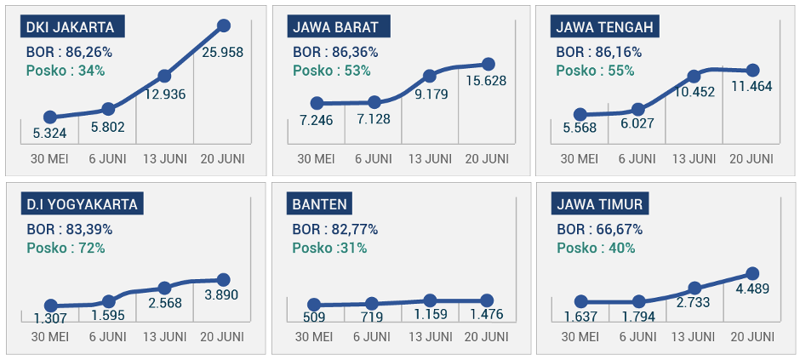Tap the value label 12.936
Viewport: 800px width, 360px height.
coord(164,94)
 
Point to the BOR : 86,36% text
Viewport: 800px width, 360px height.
coord(334,52)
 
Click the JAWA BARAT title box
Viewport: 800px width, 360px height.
coord(338,26)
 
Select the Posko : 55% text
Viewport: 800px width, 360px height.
coord(596,71)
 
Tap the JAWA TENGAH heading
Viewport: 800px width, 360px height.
coord(605,26)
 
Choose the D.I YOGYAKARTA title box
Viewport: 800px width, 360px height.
coord(82,204)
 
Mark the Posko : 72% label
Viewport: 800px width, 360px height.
coord(66,248)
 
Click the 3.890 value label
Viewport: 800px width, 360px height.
coord(223,295)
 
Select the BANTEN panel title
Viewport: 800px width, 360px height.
coord(319,204)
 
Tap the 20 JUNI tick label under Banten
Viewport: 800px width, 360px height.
coord(487,337)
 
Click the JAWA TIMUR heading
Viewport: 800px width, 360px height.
coord(600,204)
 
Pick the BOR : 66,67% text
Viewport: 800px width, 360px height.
coord(599,230)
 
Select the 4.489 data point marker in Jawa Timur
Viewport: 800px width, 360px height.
coord(752,273)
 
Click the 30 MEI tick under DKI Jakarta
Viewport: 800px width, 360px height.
coord(49,159)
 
